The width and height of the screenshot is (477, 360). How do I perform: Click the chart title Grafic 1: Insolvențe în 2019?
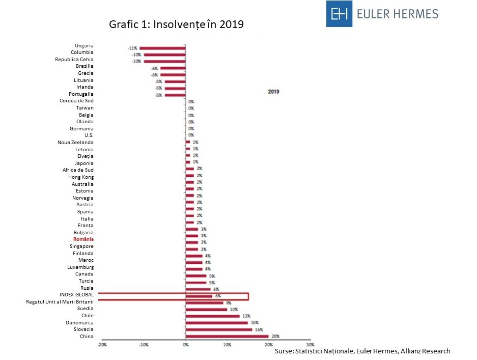(x=177, y=25)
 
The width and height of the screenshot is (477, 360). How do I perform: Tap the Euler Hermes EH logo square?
(x=340, y=14)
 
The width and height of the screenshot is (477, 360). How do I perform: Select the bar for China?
(x=227, y=336)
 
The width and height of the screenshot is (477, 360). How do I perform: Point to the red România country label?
(x=83, y=239)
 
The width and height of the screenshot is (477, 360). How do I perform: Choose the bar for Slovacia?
(x=218, y=329)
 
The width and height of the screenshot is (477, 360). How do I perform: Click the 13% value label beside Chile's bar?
(x=245, y=316)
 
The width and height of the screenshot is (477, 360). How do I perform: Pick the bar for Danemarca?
(x=216, y=323)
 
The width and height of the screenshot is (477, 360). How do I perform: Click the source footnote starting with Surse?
(x=362, y=351)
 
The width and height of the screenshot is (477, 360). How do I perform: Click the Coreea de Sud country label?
(x=76, y=101)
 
